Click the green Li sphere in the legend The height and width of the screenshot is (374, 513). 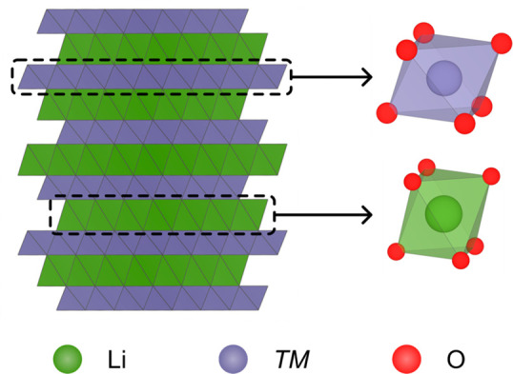67,360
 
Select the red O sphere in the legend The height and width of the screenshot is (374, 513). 404,360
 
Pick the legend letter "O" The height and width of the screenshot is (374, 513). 456,360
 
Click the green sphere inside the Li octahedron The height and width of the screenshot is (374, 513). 441,214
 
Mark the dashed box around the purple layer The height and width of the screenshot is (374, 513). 152,76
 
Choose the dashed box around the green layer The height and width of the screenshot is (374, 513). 162,214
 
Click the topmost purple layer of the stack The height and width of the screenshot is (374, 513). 153,20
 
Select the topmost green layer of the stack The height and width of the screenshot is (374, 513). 162,48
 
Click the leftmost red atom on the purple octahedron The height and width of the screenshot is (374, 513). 387,113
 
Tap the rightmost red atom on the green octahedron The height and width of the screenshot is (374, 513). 492,176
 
